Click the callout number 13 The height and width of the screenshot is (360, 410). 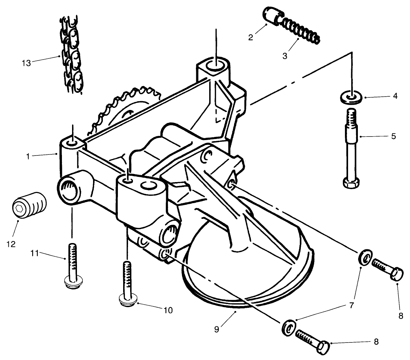point(27,63)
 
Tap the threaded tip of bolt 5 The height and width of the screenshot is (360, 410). point(352,116)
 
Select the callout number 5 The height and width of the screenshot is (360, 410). point(394,136)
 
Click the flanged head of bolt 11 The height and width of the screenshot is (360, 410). point(72,283)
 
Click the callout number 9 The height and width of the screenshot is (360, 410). point(217,330)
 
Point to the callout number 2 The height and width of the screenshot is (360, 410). point(250,37)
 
